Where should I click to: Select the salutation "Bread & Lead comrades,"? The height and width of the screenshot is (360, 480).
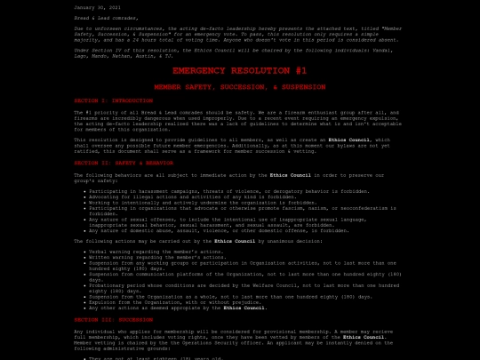pos(106,17)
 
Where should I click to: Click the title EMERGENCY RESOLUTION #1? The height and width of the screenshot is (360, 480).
pos(239,70)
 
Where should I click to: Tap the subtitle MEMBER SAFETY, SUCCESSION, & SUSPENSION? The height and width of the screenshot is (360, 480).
pos(239,87)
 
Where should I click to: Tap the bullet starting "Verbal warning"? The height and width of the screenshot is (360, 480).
pos(143,252)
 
